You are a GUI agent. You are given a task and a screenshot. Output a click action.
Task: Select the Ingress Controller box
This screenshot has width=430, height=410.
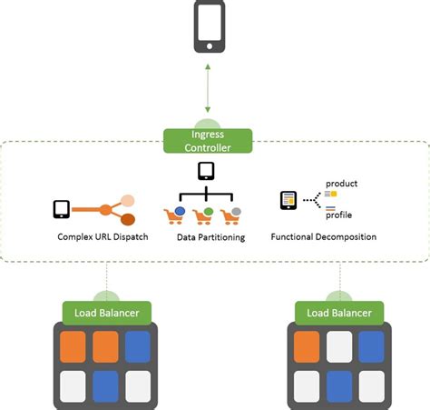pyautogui.click(x=208, y=140)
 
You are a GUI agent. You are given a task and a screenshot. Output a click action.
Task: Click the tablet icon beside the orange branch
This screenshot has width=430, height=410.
pyautogui.click(x=62, y=209)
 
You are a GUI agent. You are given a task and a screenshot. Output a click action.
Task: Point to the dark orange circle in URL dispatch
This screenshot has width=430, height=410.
pyautogui.click(x=128, y=219)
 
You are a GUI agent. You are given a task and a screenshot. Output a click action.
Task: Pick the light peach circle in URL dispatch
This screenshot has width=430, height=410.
pyautogui.click(x=128, y=200)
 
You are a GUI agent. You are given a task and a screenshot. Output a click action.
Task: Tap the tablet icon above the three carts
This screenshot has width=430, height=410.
pyautogui.click(x=206, y=171)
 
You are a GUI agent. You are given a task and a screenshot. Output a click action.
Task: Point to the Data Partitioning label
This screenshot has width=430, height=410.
pyautogui.click(x=210, y=237)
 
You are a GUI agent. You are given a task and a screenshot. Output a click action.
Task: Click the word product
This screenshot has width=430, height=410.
pyautogui.click(x=341, y=184)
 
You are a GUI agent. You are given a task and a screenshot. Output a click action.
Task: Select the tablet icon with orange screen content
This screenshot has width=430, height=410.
pyautogui.click(x=288, y=200)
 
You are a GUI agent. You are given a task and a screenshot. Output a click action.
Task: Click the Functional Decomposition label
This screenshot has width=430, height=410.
pyautogui.click(x=324, y=237)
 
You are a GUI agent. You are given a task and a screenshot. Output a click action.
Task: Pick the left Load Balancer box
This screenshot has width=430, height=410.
pyautogui.click(x=106, y=313)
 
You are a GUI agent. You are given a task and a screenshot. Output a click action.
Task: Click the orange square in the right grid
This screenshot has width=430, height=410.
pyautogui.click(x=307, y=346)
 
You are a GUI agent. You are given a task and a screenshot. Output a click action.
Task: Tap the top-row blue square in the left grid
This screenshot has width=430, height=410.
pyautogui.click(x=138, y=346)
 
